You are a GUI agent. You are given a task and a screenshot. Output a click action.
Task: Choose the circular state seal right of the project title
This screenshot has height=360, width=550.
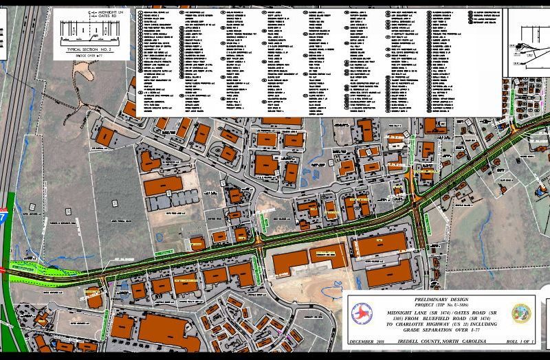pos(522,314)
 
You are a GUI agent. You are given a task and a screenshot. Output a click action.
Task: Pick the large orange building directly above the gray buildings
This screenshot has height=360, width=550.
pos(163,185)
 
